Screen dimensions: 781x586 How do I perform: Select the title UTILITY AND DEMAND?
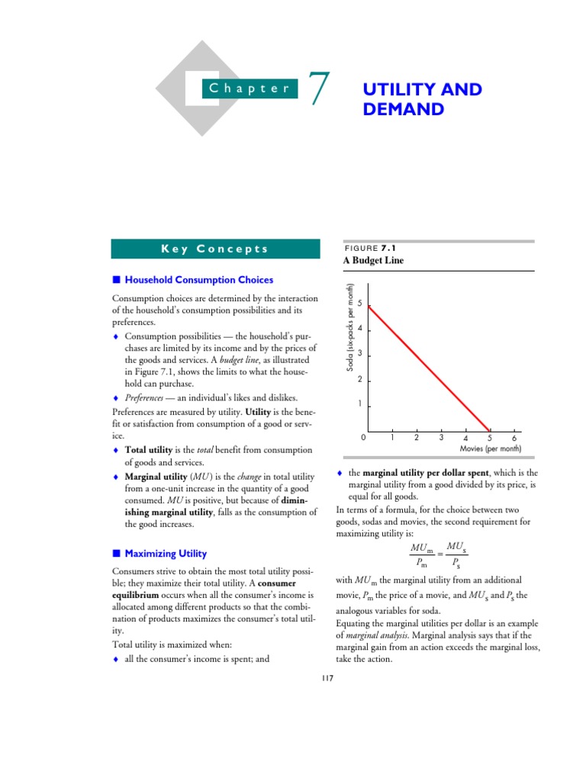422,99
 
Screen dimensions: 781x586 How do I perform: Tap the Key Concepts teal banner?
215,249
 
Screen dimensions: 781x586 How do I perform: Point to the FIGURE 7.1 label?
372,248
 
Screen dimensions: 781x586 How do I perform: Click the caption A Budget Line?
375,261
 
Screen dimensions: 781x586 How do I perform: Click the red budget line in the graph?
429,368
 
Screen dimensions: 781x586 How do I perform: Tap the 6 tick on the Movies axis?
514,439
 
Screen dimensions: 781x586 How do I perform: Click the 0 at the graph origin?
363,438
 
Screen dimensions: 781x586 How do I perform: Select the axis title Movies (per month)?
491,448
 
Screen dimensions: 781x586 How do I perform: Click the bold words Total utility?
150,449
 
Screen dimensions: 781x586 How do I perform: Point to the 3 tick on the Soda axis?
359,355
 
